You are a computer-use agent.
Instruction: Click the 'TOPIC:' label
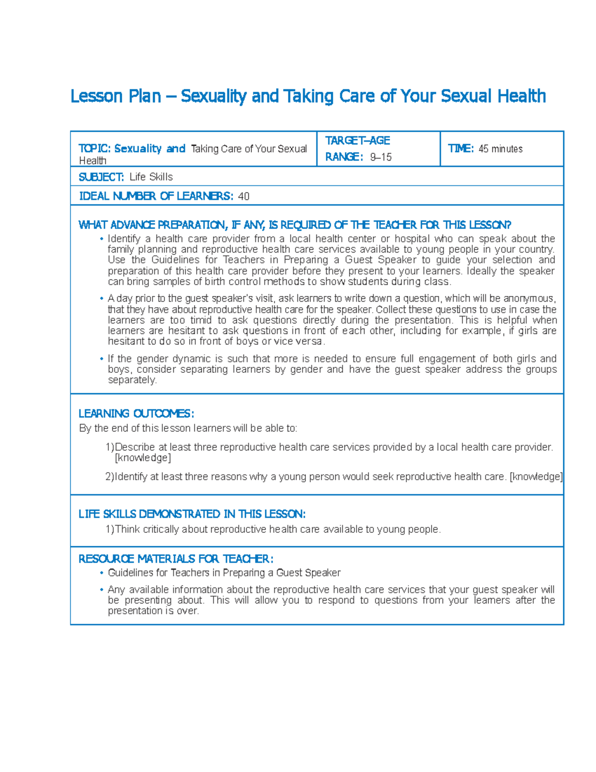click(94, 149)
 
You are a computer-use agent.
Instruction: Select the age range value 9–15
click(381, 157)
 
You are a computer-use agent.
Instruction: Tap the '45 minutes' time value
click(500, 149)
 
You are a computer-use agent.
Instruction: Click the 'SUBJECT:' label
click(101, 177)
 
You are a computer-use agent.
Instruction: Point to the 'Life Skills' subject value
click(151, 177)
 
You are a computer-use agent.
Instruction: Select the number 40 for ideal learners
click(243, 196)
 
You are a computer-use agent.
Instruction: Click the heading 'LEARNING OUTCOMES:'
click(136, 414)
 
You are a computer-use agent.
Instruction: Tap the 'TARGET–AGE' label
click(358, 141)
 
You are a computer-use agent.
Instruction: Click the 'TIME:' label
click(461, 149)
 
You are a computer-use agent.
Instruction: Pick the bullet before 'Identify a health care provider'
click(101, 239)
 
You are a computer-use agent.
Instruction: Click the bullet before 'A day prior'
click(101, 299)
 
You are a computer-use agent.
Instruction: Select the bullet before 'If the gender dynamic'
click(101, 359)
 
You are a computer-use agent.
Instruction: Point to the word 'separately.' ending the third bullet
click(132, 380)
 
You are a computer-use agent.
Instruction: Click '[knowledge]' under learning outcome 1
click(143, 458)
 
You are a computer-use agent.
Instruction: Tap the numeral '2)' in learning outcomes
click(110, 477)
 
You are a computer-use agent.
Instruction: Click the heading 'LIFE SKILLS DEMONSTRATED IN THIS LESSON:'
click(192, 514)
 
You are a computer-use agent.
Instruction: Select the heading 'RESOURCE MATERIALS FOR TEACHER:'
click(176, 559)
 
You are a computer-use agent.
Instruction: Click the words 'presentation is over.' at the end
click(153, 611)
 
